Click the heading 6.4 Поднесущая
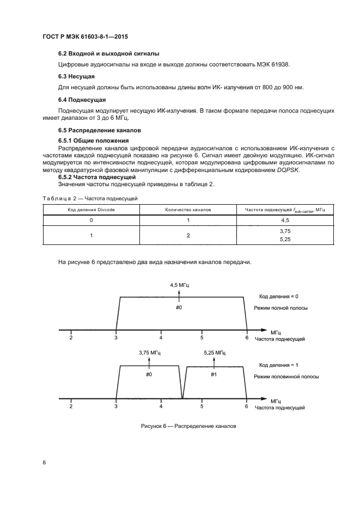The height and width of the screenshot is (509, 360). pos(82,100)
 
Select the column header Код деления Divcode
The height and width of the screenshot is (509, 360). pos(91,209)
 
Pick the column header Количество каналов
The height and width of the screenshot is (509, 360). pos(188,209)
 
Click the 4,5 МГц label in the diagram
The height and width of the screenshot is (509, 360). pos(180,285)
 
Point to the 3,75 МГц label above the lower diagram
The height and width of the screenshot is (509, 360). pos(149,353)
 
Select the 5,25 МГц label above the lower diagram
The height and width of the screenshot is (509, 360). pos(213,353)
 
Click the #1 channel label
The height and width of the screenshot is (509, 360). pos(214,374)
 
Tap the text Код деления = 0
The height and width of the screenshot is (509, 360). pos(279,296)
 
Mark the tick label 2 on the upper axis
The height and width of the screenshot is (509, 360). pos(71,338)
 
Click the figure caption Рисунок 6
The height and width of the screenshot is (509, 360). pos(187,426)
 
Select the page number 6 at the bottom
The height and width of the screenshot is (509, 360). pos(44,462)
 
